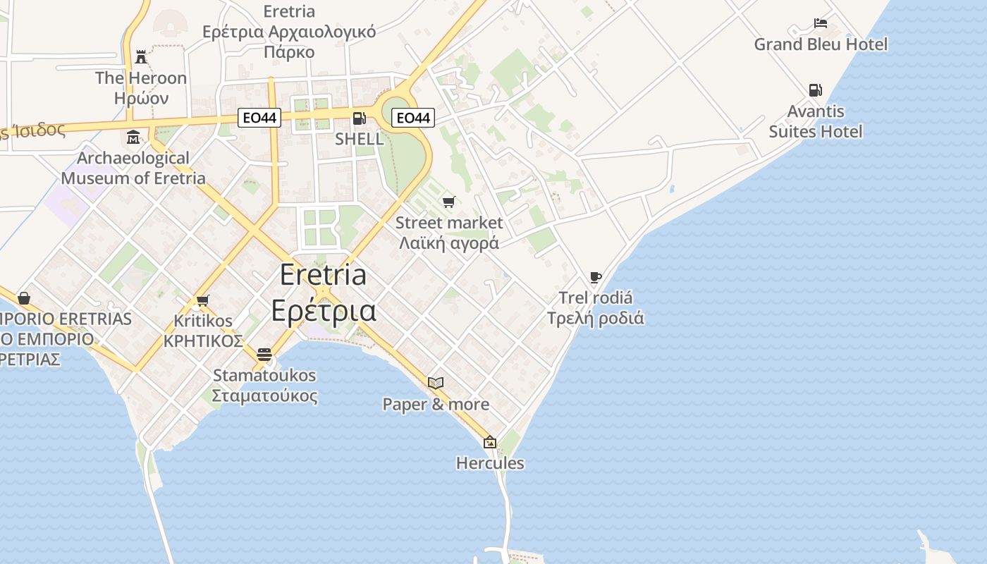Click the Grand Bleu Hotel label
coord(821,44)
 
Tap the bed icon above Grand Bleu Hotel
coord(821,23)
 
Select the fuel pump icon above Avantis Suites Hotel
coord(815,90)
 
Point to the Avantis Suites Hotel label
coord(816,121)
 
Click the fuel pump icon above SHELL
coord(359,118)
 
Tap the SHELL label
coord(359,139)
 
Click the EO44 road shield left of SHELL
coord(259,118)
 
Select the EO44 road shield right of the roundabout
coord(413,118)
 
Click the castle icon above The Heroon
coord(141,56)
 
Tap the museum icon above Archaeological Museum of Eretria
coord(133,137)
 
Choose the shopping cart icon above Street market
coord(449,202)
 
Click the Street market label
coord(449,223)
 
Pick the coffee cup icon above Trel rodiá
coord(596,277)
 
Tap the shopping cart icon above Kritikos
coord(203,300)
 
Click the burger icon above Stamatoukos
coord(264,354)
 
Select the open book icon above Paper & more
coord(436,383)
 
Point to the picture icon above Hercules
coord(490,443)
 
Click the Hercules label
coord(490,463)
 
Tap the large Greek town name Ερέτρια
coord(324,311)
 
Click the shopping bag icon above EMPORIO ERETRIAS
coord(24,298)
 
